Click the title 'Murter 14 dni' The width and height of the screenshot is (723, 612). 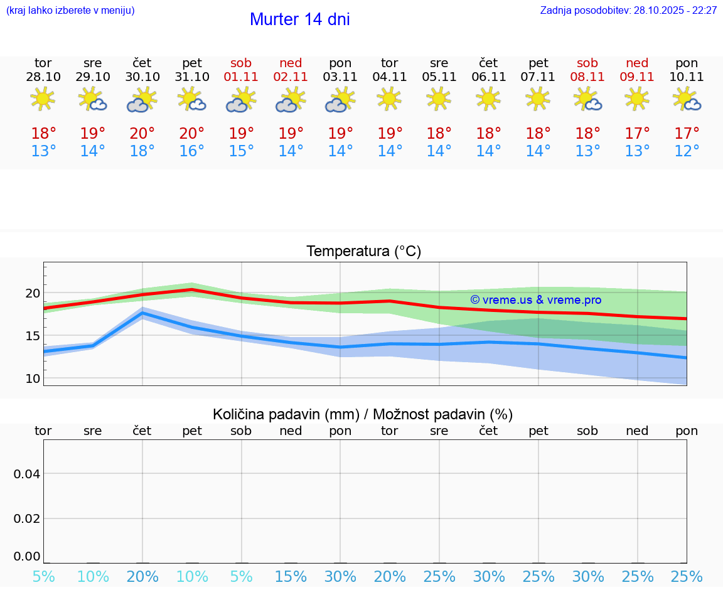coord(299,19)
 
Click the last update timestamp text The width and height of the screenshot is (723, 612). coord(628,11)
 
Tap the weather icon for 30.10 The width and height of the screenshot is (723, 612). coord(142,100)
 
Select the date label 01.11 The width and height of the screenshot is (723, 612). coord(241,77)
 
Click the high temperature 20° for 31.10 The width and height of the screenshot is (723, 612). coord(192,134)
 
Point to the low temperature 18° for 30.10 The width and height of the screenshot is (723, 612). coord(142,151)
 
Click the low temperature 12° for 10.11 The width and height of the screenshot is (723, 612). coord(687,151)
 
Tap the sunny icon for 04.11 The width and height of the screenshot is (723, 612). coord(389,99)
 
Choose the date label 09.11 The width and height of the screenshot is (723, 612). coord(637,77)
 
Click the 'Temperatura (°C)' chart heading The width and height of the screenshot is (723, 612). coord(363,252)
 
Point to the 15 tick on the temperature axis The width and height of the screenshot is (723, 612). coord(32,336)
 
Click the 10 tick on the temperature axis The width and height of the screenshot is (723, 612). coord(32,378)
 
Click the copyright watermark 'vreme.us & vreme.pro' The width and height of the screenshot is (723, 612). coord(535,300)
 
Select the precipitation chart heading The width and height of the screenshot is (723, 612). coord(363,414)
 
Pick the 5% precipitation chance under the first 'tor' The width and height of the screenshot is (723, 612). coord(43,576)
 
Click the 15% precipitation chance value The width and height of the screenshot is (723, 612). coord(291,576)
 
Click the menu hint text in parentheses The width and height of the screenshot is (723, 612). coord(70,11)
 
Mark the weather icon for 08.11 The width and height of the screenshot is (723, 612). coord(587,100)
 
